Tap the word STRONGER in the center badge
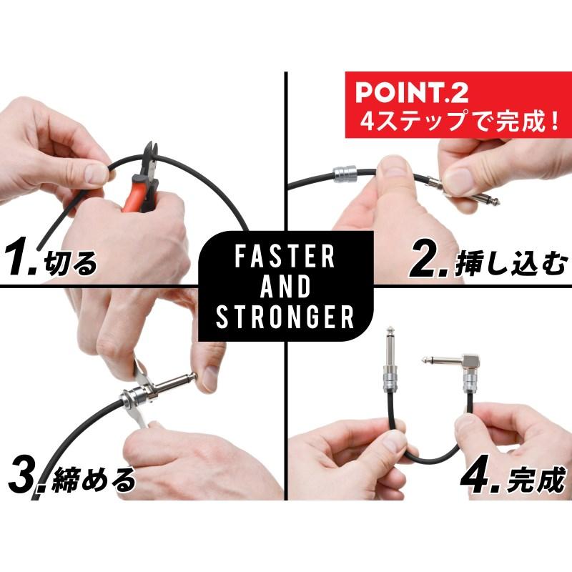[x=286, y=316]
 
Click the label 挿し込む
[x=511, y=264]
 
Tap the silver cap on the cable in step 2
[x=343, y=175]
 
